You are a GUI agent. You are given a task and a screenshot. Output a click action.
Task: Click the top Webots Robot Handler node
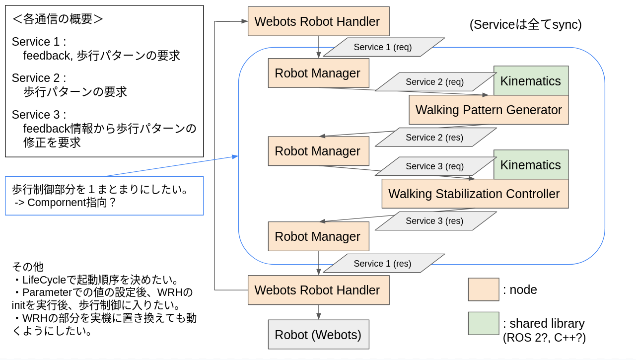pos(318,21)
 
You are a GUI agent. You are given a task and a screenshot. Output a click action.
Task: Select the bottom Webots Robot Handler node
pos(318,290)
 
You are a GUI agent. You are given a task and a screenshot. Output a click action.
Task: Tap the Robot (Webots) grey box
pos(318,334)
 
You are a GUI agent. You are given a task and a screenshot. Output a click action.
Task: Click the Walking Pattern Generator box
pos(489,110)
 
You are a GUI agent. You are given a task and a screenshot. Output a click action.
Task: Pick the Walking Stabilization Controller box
pos(475,194)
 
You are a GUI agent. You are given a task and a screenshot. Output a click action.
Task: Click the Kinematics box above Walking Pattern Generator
pos(531,81)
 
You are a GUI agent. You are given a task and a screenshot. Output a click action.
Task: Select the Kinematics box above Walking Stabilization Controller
pos(531,165)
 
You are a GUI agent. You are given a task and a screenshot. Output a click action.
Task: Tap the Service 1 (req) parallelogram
pos(383,47)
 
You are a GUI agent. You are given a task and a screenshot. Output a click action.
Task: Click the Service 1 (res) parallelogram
pos(383,264)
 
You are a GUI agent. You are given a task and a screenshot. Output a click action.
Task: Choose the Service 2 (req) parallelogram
pos(435,82)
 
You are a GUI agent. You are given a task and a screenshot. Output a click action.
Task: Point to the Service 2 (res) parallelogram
pos(435,138)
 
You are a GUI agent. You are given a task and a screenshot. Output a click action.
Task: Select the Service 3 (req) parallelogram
pos(435,166)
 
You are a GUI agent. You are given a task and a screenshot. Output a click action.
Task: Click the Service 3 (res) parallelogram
pos(435,221)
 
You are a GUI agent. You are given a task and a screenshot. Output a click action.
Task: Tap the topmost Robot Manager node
pos(318,73)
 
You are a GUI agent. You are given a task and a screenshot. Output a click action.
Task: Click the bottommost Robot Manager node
pos(318,236)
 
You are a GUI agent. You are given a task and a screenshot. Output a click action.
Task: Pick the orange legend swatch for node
pos(483,289)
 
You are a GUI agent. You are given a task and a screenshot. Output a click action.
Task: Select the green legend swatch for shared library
pos(483,323)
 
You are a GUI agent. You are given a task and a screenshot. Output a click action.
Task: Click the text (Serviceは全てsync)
pos(525,24)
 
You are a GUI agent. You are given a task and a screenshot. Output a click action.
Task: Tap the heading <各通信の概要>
pos(58,19)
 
